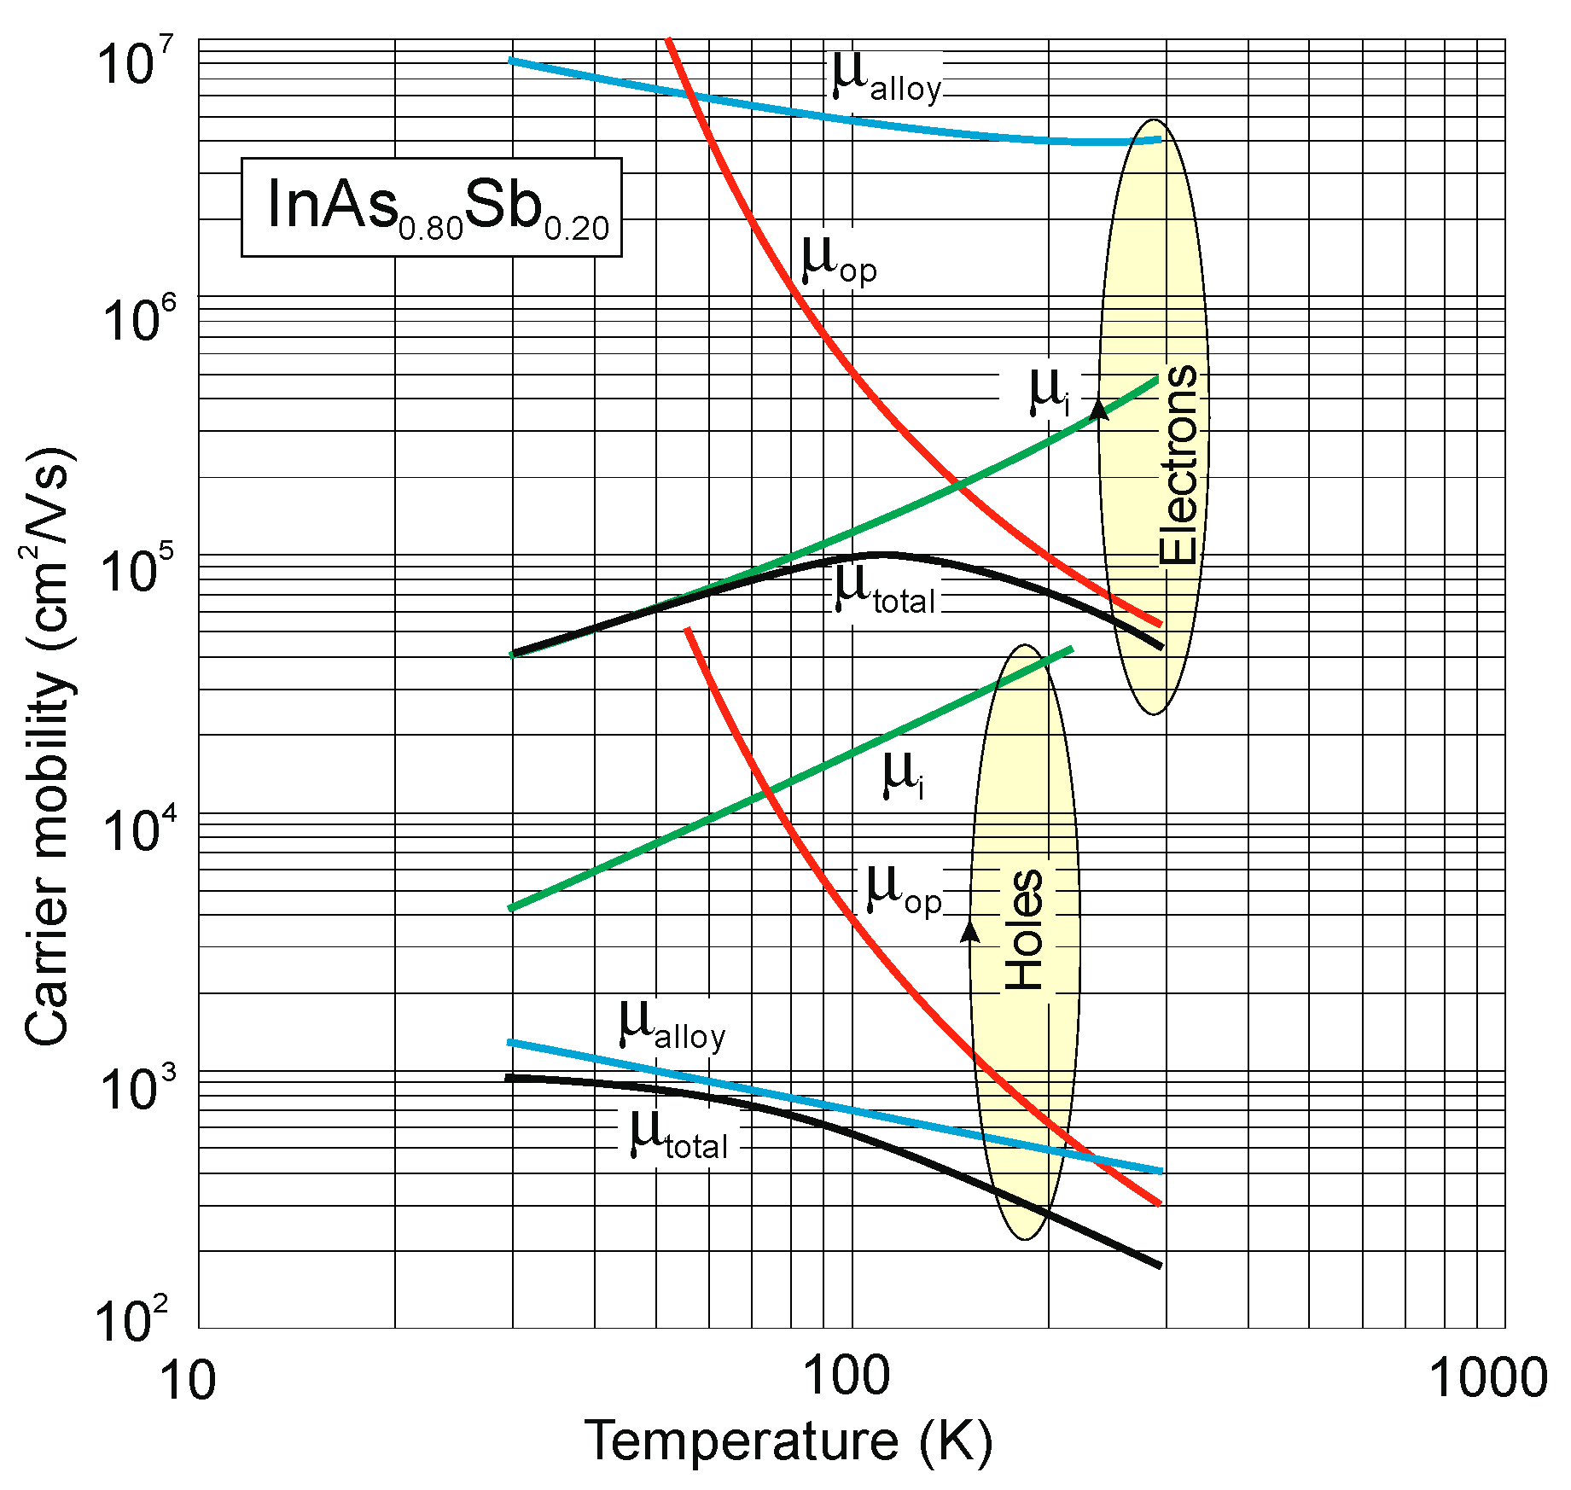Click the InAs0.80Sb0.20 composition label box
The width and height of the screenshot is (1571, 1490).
tap(431, 207)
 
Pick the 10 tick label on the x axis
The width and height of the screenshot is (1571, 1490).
tap(187, 1379)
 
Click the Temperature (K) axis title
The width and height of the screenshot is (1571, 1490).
tap(788, 1442)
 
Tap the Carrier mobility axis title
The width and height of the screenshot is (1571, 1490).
tap(47, 745)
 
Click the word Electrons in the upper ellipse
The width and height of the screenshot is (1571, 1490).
tap(1178, 465)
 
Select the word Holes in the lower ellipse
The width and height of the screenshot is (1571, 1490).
tap(1023, 930)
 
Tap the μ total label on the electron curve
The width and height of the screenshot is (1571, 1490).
tap(885, 591)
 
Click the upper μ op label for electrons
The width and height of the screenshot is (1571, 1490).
tap(838, 260)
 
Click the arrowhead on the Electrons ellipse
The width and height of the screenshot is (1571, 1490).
tap(1100, 410)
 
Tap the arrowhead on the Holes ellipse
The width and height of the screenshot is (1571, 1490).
tap(970, 931)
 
